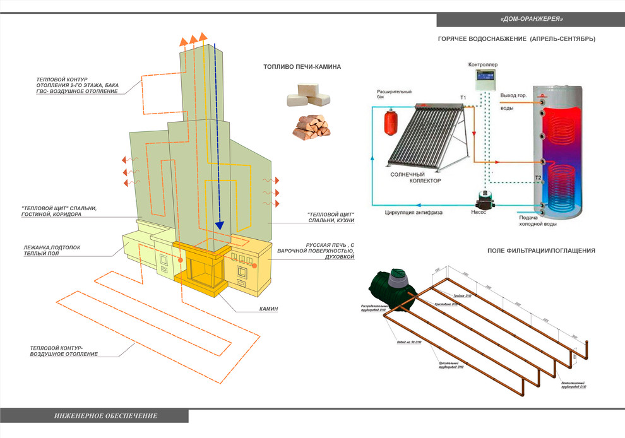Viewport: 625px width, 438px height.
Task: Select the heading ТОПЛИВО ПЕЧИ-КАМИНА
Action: pyautogui.click(x=302, y=67)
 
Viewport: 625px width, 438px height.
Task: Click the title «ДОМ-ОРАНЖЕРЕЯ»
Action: pyautogui.click(x=531, y=19)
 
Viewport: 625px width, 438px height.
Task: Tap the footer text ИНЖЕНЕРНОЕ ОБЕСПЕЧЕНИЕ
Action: pyautogui.click(x=106, y=416)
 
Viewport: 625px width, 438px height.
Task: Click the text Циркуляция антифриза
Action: pyautogui.click(x=414, y=213)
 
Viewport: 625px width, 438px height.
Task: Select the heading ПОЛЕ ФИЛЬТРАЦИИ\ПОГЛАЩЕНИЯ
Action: pyautogui.click(x=541, y=251)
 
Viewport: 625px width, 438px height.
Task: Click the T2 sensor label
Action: pyautogui.click(x=538, y=178)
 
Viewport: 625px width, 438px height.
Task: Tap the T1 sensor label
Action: pyautogui.click(x=463, y=97)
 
